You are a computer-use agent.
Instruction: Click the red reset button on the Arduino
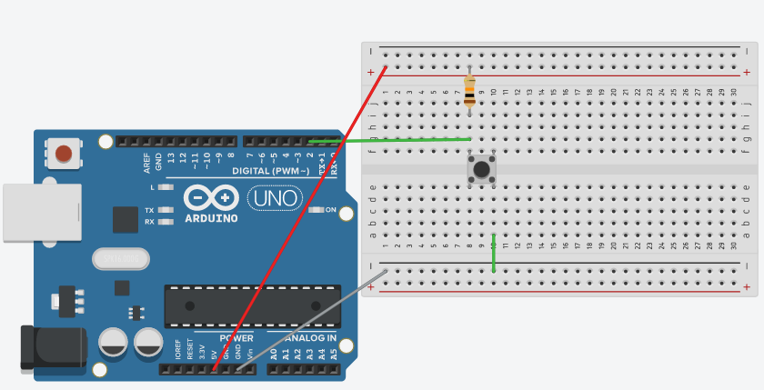tap(64, 153)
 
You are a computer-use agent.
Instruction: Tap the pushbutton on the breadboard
tap(482, 169)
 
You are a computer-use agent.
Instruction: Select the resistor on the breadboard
tap(469, 92)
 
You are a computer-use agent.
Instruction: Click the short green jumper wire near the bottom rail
tap(494, 254)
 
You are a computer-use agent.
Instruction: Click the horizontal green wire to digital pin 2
tap(391, 140)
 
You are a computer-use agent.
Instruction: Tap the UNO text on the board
tap(274, 197)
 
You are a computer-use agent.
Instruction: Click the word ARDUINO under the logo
tap(211, 218)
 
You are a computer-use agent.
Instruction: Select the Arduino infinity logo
tap(211, 197)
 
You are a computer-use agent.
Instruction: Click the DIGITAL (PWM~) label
tap(270, 171)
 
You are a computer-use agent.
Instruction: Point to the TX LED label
tap(149, 210)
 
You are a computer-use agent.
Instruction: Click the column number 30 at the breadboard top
tap(733, 92)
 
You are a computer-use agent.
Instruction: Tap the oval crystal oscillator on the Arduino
tap(120, 260)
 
